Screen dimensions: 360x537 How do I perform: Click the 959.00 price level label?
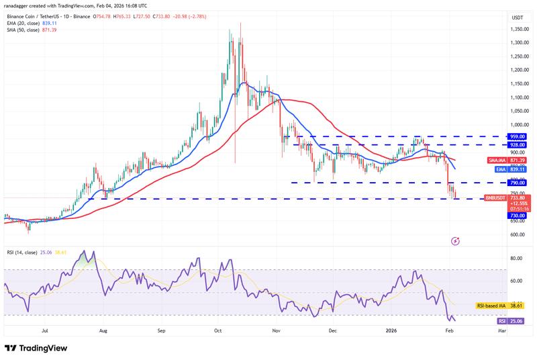coord(518,136)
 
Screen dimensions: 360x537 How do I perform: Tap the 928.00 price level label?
coord(518,144)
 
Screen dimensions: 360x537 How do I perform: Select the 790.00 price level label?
coord(518,183)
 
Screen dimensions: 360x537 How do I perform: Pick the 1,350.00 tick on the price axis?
coord(518,30)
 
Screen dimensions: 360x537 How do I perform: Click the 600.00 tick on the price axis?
coord(518,235)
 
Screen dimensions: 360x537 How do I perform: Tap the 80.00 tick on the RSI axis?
coord(516,259)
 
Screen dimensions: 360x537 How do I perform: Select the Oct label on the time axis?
coord(217,331)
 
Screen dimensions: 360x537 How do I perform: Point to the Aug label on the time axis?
coord(103,331)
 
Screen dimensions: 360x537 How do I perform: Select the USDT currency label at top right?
coord(517,17)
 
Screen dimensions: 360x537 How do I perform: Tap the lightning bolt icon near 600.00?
coord(455,240)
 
